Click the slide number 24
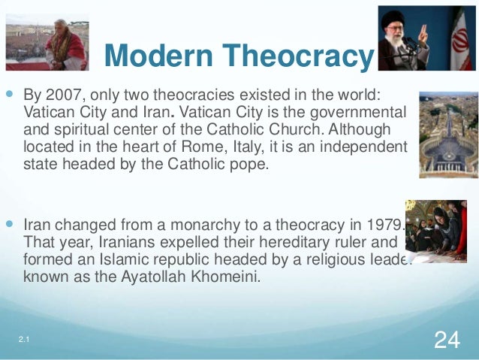(x=447, y=340)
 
